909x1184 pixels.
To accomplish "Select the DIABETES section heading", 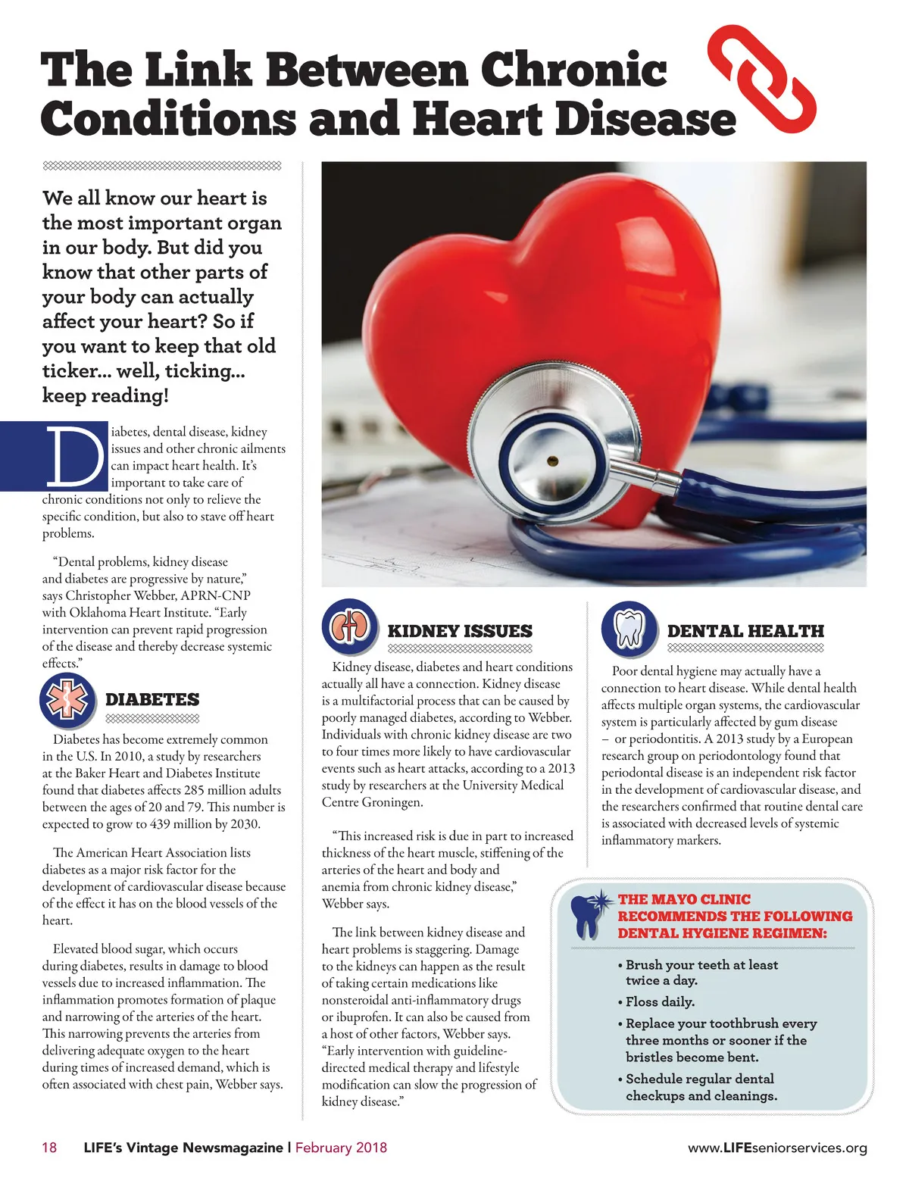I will coord(152,699).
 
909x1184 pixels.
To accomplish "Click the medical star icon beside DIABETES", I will coord(67,699).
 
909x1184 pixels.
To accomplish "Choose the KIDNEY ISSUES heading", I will coord(460,631).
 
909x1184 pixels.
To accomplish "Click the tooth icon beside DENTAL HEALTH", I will coord(629,629).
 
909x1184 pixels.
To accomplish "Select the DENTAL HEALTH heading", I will coord(745,631).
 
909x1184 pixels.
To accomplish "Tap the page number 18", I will coord(49,1147).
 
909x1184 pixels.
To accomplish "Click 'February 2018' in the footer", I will coord(341,1147).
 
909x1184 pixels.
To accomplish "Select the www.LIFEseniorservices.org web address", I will coord(777,1148).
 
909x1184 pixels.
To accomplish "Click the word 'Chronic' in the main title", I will coord(573,70).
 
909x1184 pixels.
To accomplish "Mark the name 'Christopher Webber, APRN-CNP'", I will coord(158,595).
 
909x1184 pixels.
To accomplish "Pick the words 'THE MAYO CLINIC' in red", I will coord(684,899).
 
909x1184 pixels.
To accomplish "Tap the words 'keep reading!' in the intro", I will coord(105,395).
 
